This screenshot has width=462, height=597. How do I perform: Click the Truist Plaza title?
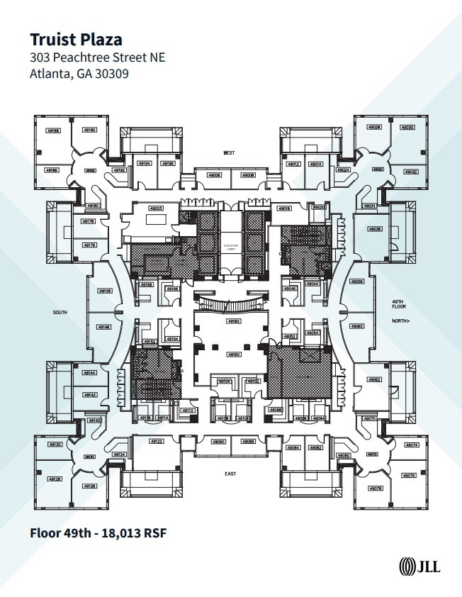click(x=75, y=39)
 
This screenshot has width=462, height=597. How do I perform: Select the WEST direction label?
click(x=229, y=153)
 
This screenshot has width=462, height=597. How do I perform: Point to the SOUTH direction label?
click(x=60, y=312)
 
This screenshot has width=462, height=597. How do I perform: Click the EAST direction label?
click(x=230, y=474)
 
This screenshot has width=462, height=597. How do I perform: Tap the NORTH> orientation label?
click(x=401, y=321)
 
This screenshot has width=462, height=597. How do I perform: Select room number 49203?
click(x=156, y=208)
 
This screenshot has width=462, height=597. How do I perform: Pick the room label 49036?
click(x=374, y=229)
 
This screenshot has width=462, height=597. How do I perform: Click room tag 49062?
click(x=374, y=380)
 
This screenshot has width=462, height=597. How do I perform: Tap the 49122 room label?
click(x=157, y=442)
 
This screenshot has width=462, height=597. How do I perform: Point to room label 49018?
click(x=285, y=208)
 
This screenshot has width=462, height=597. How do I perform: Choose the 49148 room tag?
click(x=104, y=291)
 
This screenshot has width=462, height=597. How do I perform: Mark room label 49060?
click(x=357, y=326)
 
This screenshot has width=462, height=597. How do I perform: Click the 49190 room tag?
click(x=89, y=130)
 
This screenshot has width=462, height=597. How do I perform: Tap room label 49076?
click(x=409, y=476)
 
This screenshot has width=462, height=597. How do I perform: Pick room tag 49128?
click(x=55, y=479)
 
